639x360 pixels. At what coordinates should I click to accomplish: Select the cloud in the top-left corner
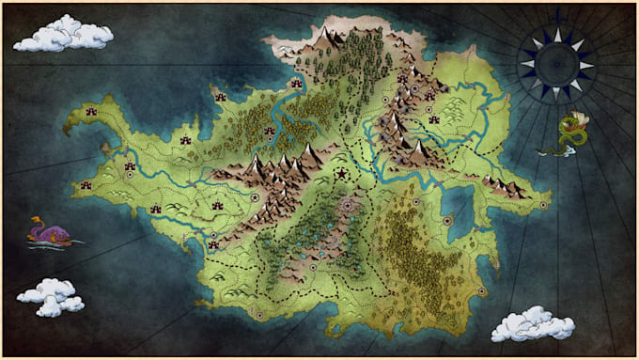pos(63,35)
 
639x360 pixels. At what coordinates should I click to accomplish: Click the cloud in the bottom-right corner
pos(533,323)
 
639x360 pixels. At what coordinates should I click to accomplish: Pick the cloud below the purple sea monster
pos(52,297)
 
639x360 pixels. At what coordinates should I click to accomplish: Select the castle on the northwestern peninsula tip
pos(92,112)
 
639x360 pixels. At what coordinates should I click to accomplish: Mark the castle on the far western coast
pos(86,184)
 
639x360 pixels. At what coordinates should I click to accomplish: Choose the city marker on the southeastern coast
pos(482,291)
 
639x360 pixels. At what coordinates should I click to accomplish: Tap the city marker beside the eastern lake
pos(447,222)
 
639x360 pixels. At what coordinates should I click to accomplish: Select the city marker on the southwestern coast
pos(213,236)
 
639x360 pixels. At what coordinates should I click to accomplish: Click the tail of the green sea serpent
pos(549,150)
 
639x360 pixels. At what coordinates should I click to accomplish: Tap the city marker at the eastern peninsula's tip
pos(543,199)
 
